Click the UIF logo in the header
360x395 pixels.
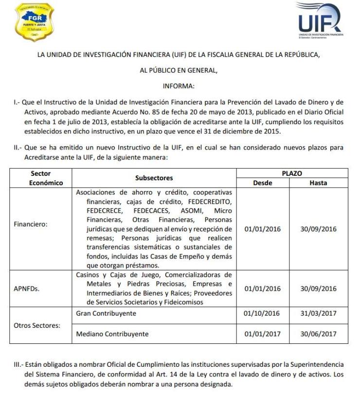(319, 19)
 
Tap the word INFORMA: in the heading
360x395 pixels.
(179, 86)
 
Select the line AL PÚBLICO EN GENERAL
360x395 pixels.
(179, 70)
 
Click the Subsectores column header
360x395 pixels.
(154, 178)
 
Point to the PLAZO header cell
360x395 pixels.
(291, 173)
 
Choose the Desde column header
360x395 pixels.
(263, 183)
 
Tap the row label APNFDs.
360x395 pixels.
(27, 288)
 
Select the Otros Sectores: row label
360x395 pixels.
(36, 325)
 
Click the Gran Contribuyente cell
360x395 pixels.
(106, 313)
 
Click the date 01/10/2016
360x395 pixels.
(263, 313)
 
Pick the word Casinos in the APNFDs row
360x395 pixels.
(89, 275)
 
